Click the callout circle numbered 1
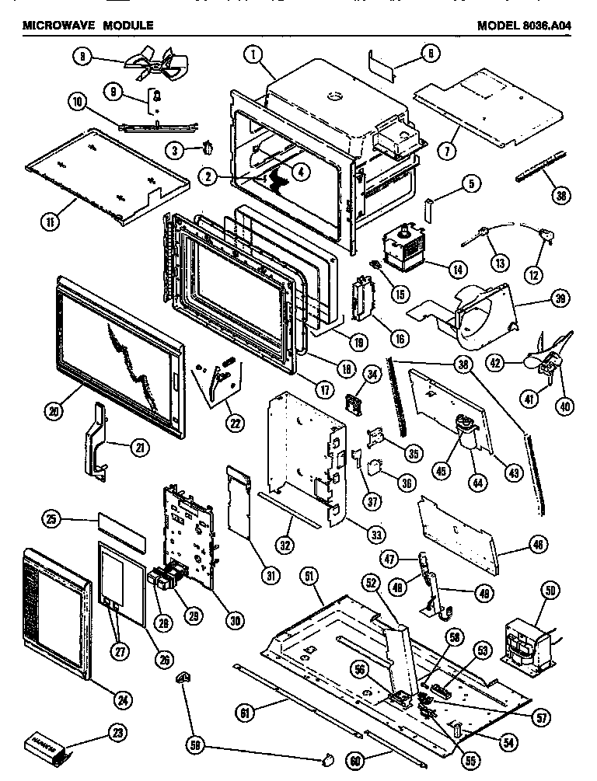click(x=250, y=54)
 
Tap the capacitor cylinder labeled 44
click(x=466, y=441)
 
